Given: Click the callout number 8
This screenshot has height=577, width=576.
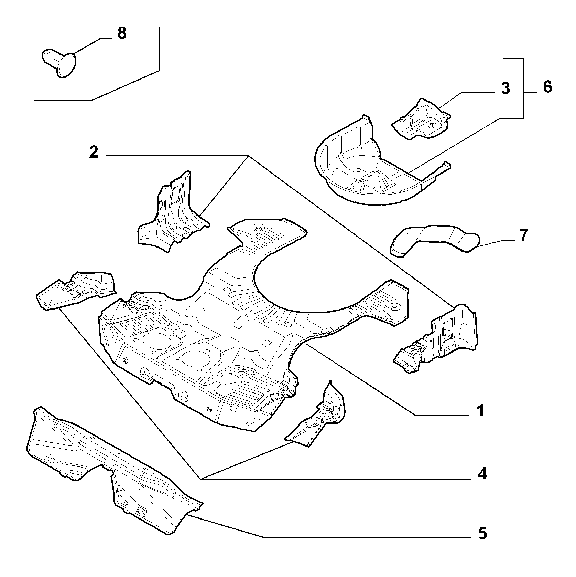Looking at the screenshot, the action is [121, 33].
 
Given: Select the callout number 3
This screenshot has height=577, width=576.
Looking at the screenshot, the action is [505, 88].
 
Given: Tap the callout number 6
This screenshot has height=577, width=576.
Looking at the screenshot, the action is [547, 86].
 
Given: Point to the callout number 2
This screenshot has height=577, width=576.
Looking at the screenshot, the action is [94, 152].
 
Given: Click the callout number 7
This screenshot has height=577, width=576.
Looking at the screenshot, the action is [523, 235].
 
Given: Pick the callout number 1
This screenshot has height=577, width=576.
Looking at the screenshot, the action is [481, 411].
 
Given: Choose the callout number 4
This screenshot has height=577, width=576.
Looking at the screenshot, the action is [483, 474].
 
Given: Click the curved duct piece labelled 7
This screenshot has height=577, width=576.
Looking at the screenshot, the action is [434, 240].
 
